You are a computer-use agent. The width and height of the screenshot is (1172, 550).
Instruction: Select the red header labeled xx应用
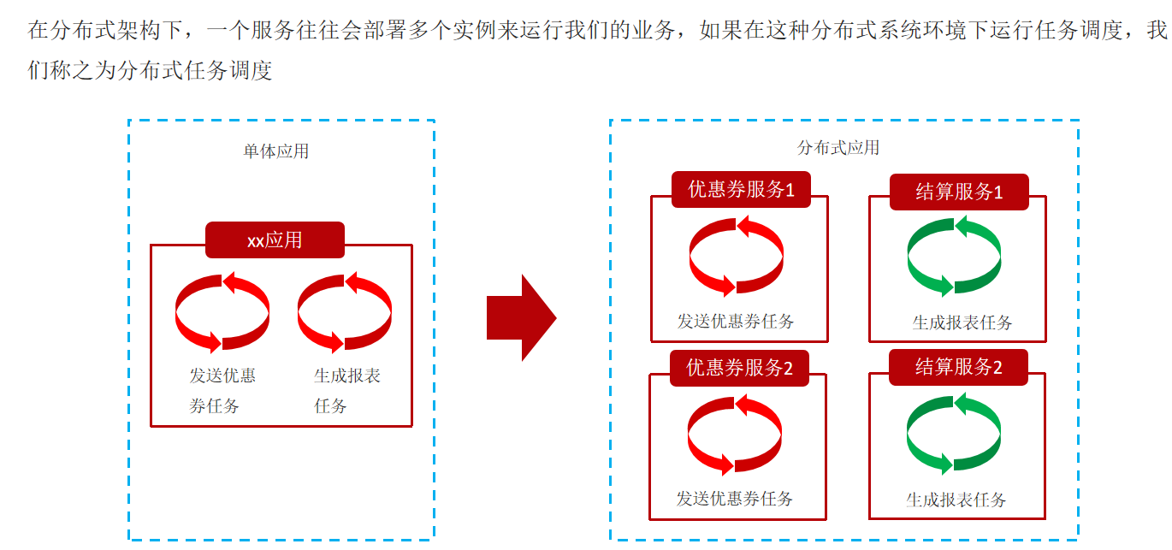point(275,240)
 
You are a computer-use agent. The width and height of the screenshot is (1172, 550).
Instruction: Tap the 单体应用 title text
point(276,151)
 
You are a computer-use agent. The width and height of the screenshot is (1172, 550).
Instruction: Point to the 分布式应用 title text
point(838,148)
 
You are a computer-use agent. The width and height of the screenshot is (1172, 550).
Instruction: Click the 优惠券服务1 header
point(741,190)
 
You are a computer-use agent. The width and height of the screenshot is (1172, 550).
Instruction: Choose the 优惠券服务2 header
point(740,368)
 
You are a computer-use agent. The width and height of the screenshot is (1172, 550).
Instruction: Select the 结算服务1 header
point(959,192)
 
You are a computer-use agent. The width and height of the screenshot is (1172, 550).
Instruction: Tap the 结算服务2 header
point(958,367)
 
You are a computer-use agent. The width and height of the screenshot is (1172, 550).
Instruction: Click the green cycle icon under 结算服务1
point(954,256)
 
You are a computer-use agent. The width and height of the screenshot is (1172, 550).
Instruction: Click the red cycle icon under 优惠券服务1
point(736,256)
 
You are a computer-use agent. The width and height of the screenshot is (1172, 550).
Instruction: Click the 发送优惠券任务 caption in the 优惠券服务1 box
point(736,322)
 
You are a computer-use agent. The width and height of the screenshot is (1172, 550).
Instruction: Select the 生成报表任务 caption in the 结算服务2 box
point(956,500)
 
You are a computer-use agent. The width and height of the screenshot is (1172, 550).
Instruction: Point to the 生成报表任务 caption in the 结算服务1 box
point(962,322)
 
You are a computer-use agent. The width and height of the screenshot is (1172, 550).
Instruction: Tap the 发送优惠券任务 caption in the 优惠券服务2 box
point(735,498)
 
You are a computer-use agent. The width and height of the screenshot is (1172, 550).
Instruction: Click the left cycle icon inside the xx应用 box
point(222,311)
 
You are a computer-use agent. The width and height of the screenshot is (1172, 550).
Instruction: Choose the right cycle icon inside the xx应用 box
point(345,311)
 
